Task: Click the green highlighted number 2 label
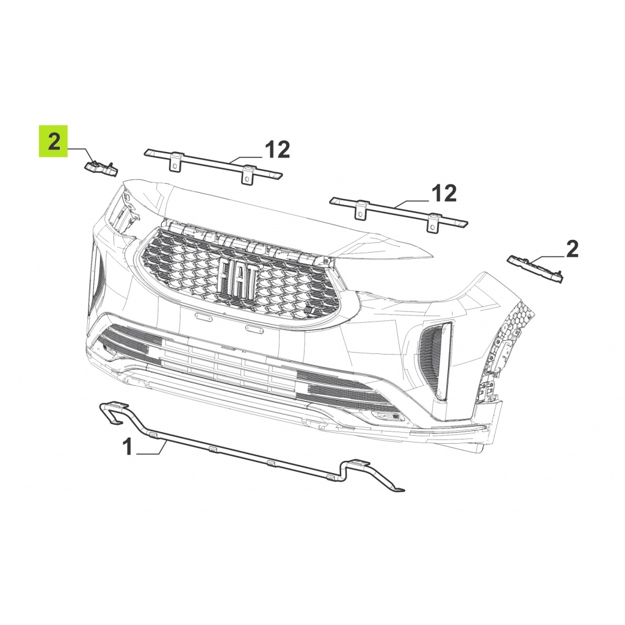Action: (x=54, y=142)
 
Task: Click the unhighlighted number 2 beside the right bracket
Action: (x=572, y=250)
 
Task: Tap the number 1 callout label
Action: (x=128, y=446)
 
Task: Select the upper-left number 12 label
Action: (x=278, y=150)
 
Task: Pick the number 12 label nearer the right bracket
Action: (x=444, y=193)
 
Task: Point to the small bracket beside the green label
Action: (x=101, y=167)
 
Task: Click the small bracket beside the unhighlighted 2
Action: (x=535, y=270)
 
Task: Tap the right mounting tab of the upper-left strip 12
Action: (x=248, y=175)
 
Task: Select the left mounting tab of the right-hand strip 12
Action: (x=360, y=210)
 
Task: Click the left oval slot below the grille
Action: (x=204, y=316)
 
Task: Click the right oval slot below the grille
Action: (x=255, y=329)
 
